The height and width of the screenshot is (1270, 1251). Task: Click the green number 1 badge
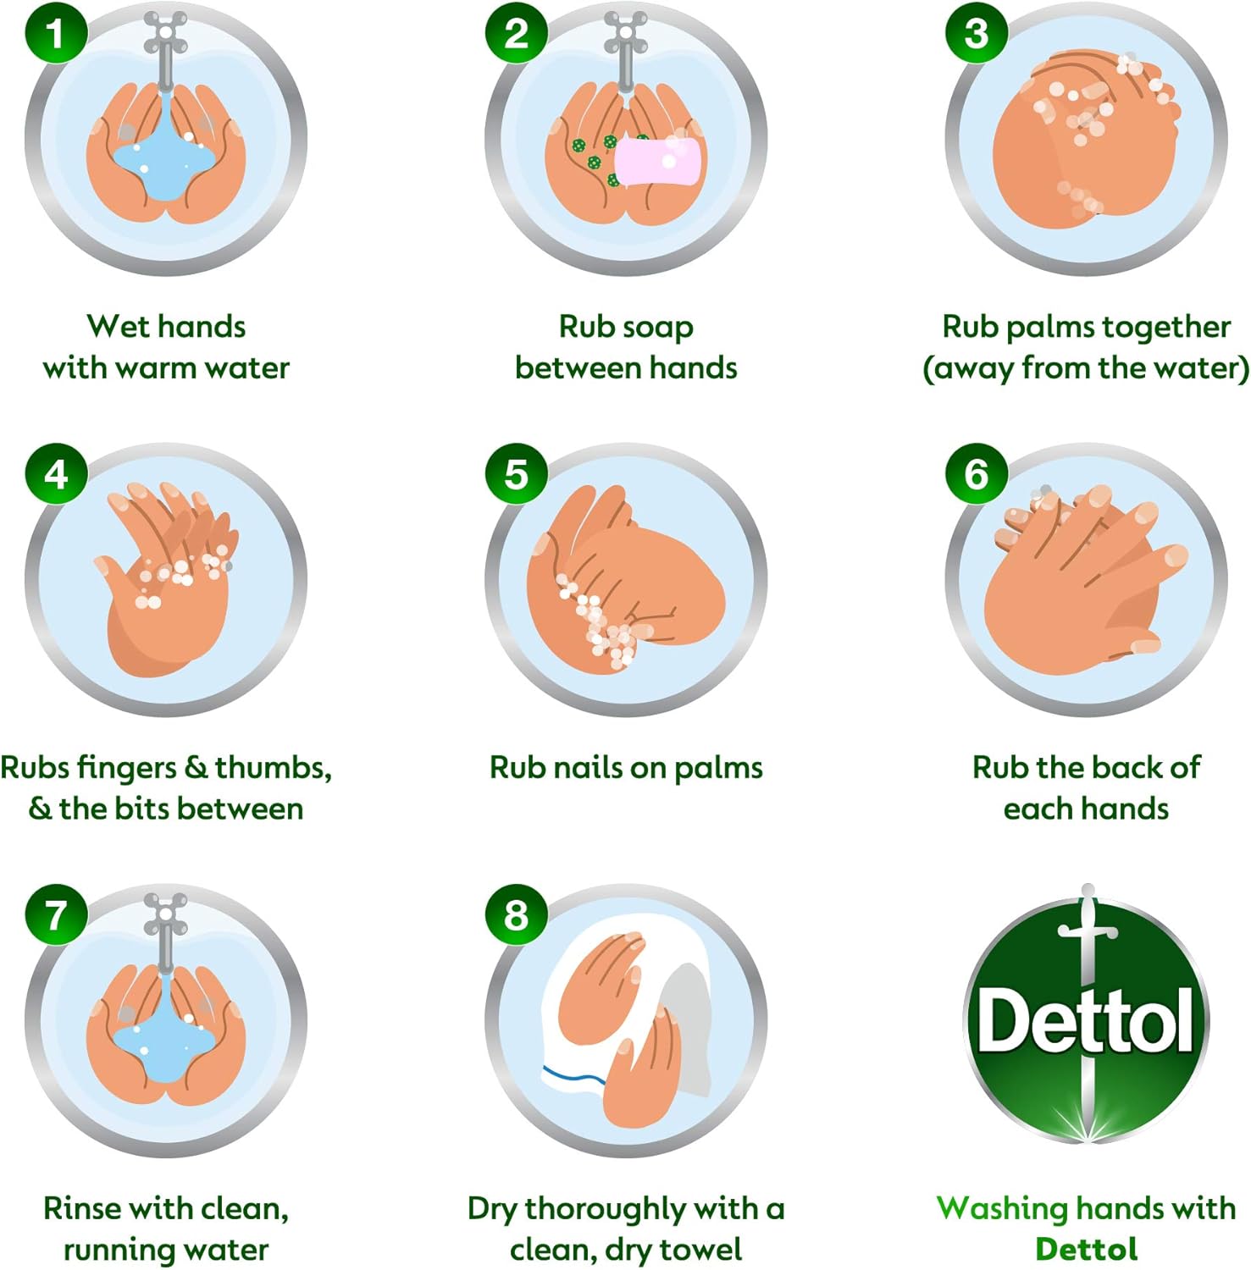coord(56,33)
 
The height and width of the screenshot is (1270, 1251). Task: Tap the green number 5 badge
coord(516,474)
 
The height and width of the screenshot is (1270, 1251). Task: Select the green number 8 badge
coord(516,915)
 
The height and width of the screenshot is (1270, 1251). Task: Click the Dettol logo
coord(1087,1016)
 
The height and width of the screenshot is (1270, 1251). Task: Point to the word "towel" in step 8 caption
coord(700,1250)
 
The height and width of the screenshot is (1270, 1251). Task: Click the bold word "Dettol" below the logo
coord(1087,1250)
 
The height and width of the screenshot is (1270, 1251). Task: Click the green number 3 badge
coord(976,33)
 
